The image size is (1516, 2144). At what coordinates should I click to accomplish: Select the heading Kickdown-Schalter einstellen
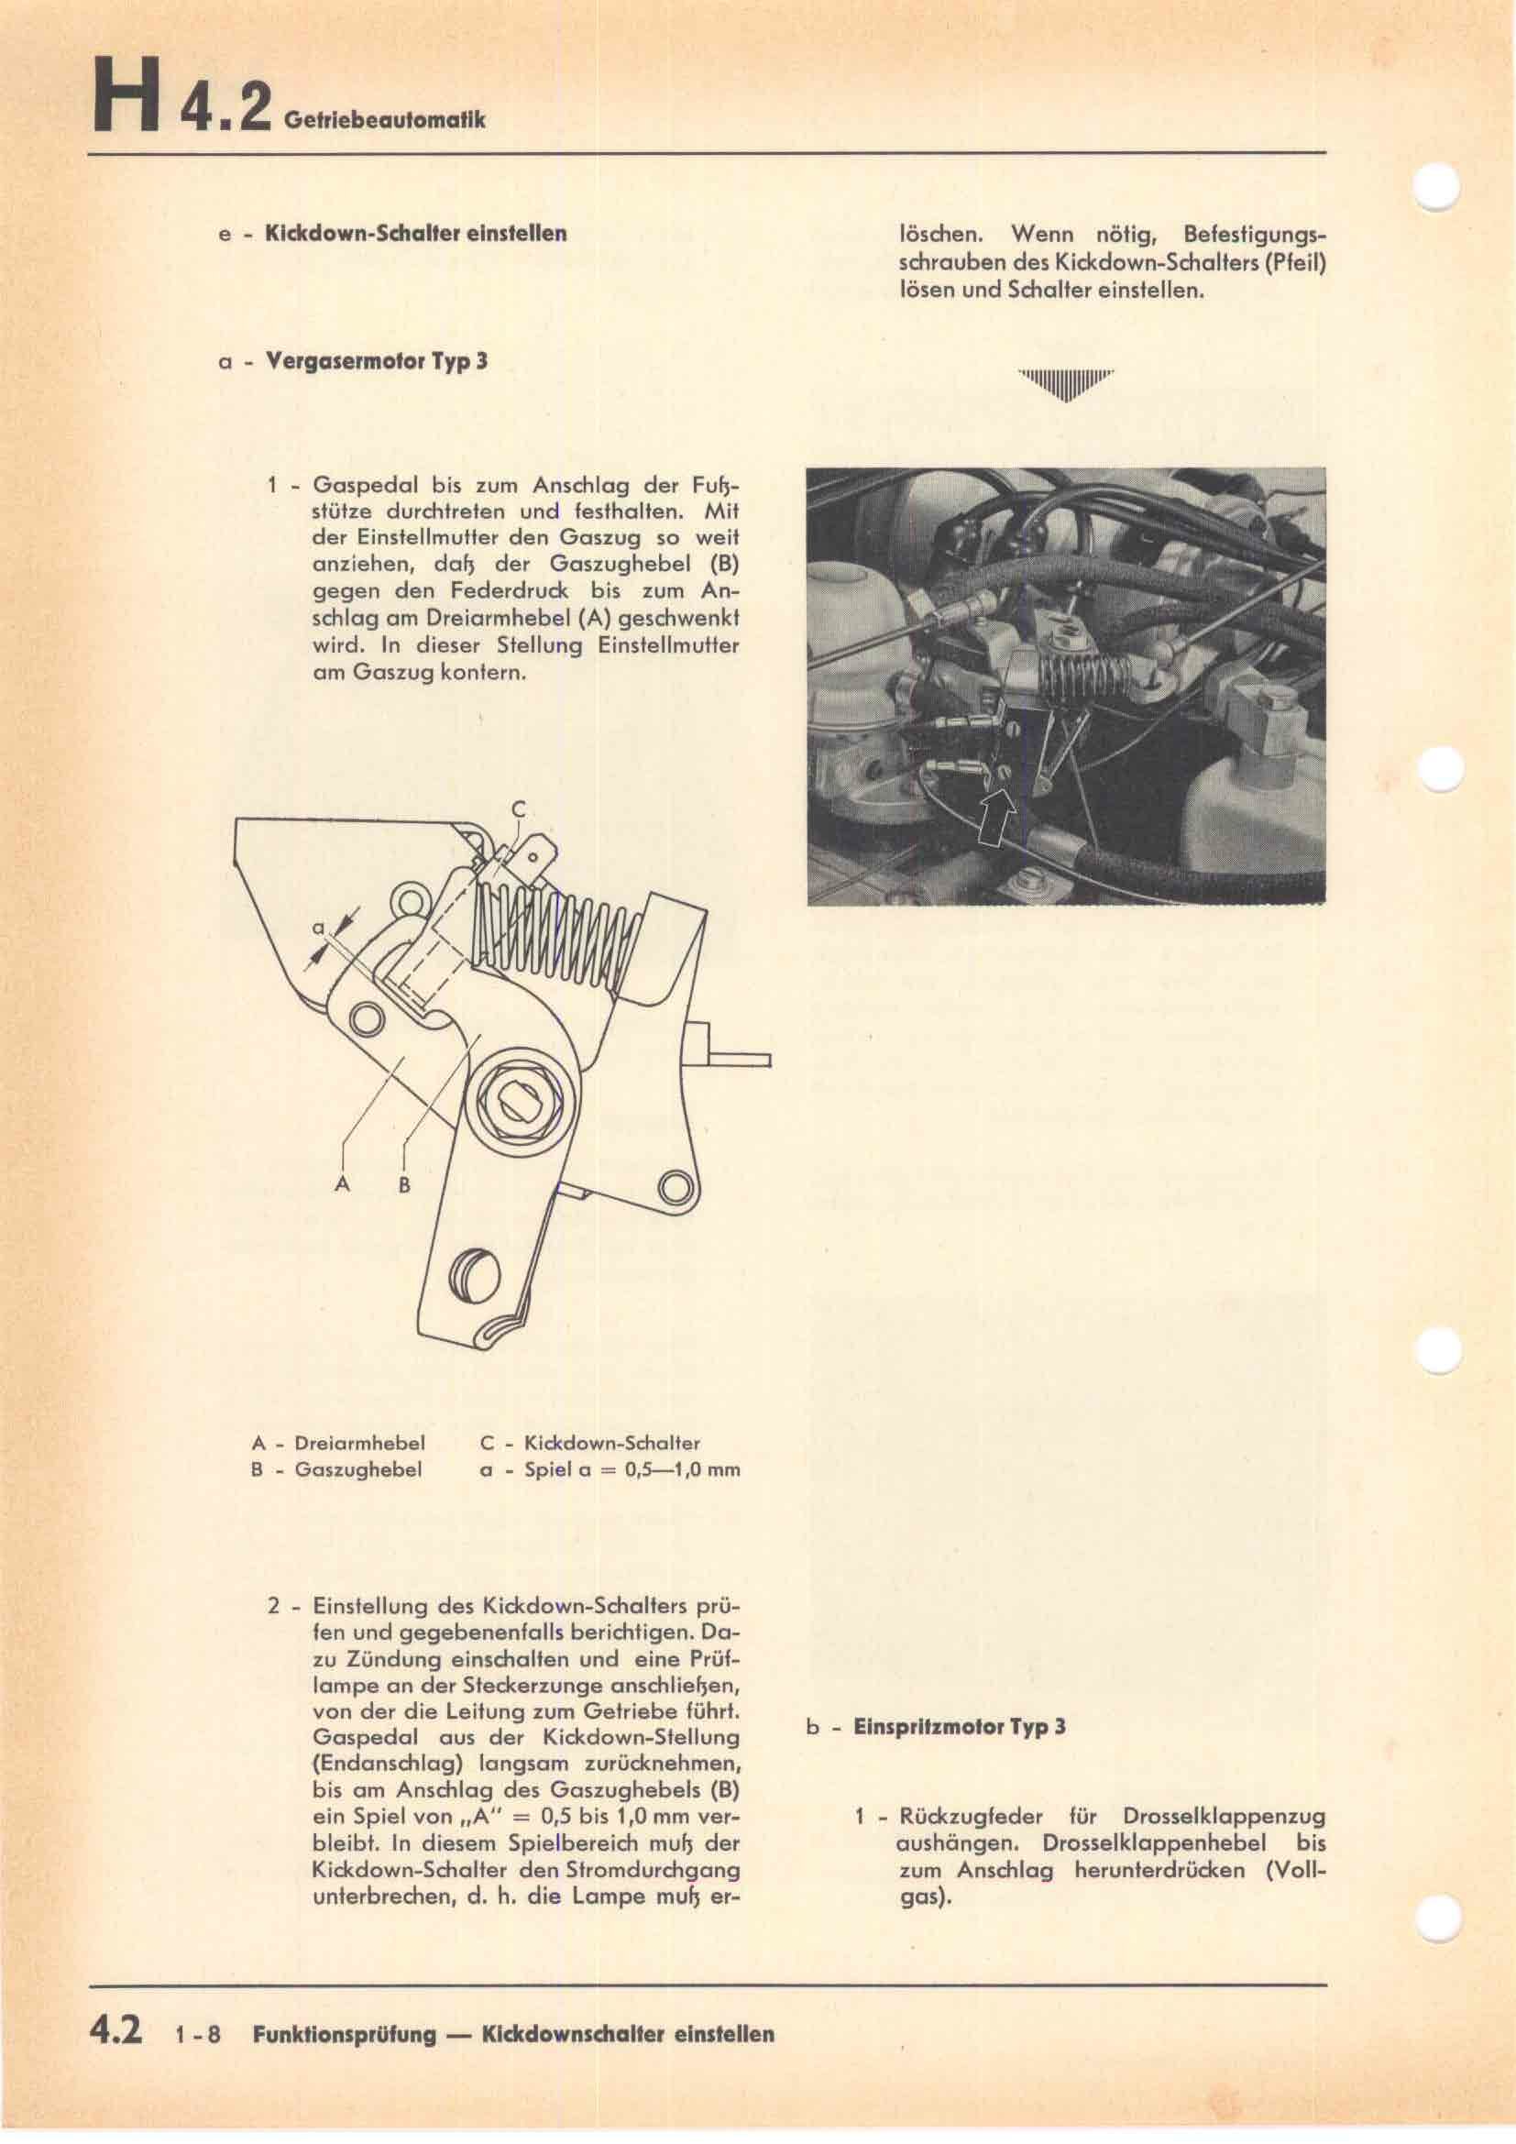[x=416, y=234]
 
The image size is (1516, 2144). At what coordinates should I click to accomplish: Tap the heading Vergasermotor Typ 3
[x=377, y=361]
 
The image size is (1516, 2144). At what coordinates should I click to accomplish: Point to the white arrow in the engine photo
[x=996, y=817]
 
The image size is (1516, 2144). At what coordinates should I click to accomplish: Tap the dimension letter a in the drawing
[x=317, y=929]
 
